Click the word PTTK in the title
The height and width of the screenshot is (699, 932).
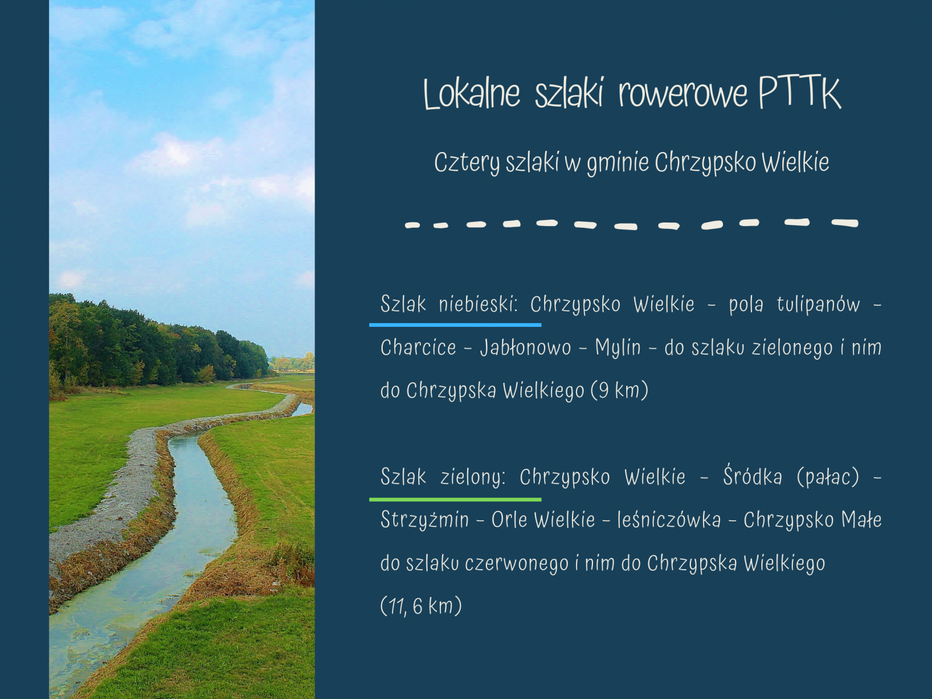point(800,93)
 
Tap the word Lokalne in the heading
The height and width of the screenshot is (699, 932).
point(472,94)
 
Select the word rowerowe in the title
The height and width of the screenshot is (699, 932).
point(683,94)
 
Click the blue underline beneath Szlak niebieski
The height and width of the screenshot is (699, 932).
point(455,324)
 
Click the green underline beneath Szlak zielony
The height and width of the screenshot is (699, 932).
point(455,500)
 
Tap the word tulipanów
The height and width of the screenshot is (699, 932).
point(818,304)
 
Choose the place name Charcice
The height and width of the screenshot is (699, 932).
point(418,348)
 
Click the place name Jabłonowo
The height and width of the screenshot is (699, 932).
point(525,348)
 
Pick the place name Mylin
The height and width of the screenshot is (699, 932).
point(618,348)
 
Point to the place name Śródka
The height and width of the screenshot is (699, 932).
point(753,476)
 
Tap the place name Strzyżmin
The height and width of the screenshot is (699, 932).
point(425,520)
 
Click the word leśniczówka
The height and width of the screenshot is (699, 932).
point(669,520)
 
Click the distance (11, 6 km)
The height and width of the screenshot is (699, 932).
point(421,606)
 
